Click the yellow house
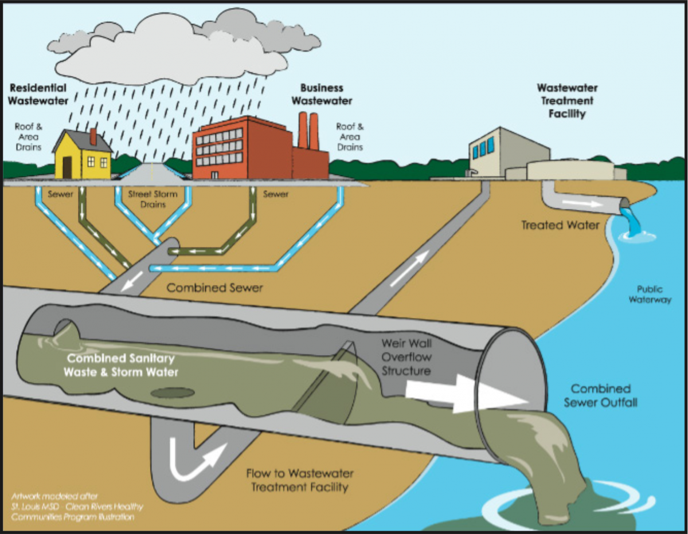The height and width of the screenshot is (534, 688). [83, 155]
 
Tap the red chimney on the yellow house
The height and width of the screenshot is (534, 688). [93, 136]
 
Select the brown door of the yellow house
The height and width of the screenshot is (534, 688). [67, 167]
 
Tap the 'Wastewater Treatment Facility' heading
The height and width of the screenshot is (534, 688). [566, 101]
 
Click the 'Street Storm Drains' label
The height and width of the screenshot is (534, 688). [153, 199]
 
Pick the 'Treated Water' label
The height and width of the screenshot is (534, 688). [560, 225]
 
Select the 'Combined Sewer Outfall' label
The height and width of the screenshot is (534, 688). [600, 395]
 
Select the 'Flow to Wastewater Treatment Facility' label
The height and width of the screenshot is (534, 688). [299, 481]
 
